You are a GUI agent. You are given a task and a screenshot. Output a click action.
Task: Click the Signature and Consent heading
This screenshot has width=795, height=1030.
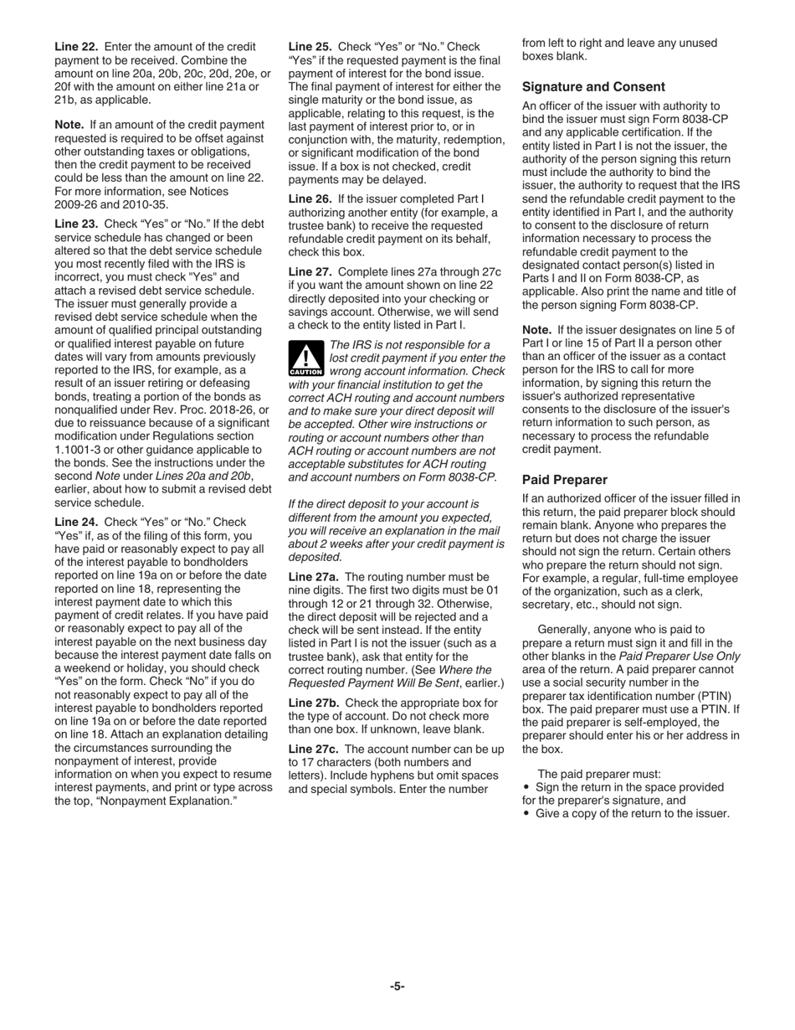tap(593, 87)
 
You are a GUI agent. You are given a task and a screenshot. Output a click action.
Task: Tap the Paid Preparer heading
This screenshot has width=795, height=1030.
tap(564, 480)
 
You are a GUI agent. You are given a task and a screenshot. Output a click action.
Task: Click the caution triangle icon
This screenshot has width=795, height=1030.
tap(305, 358)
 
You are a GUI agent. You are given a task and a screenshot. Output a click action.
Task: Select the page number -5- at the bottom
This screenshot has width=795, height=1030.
tap(397, 986)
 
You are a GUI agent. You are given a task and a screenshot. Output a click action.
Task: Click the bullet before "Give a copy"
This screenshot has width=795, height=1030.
tap(526, 814)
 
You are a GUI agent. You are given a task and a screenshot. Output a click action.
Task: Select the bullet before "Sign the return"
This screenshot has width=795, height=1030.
tap(526, 787)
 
